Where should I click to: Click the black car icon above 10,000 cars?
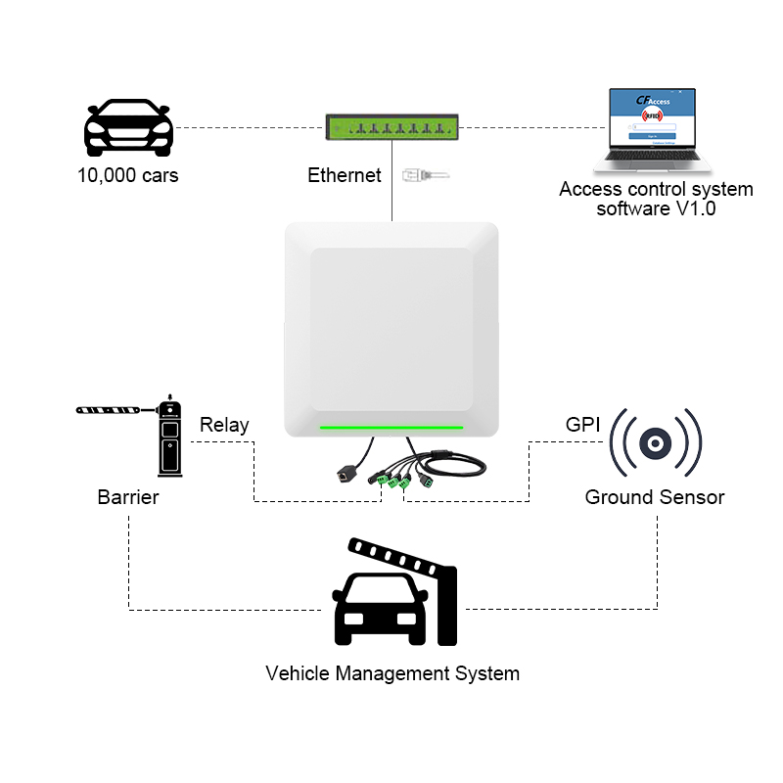[x=128, y=127]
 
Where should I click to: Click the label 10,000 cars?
[x=128, y=177]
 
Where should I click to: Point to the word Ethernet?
[x=344, y=176]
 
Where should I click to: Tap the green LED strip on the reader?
[x=391, y=427]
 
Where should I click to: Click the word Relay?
[x=224, y=425]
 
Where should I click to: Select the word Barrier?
[x=128, y=497]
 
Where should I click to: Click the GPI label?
[x=582, y=425]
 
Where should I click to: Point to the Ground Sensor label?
[x=655, y=497]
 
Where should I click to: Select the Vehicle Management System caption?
[x=392, y=673]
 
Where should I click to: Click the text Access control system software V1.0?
[x=656, y=199]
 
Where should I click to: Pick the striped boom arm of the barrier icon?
[x=109, y=407]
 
